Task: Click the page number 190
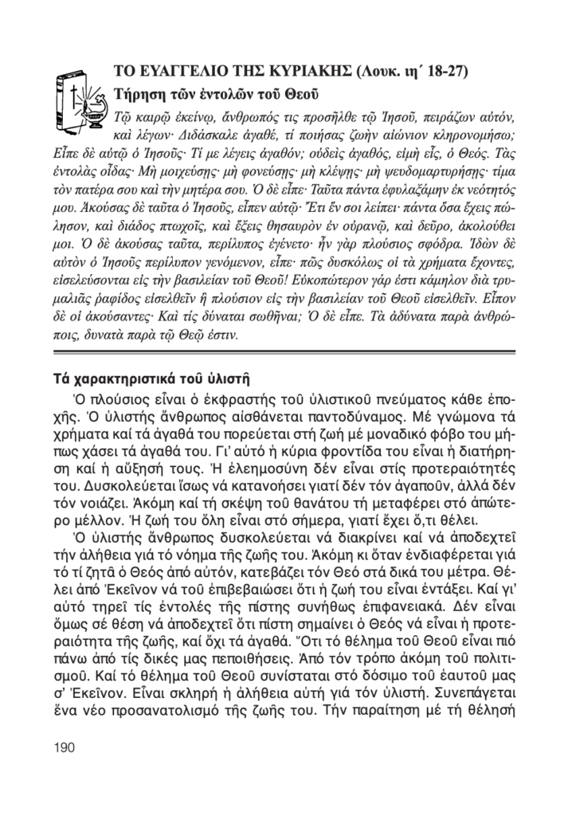pos(63,747)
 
